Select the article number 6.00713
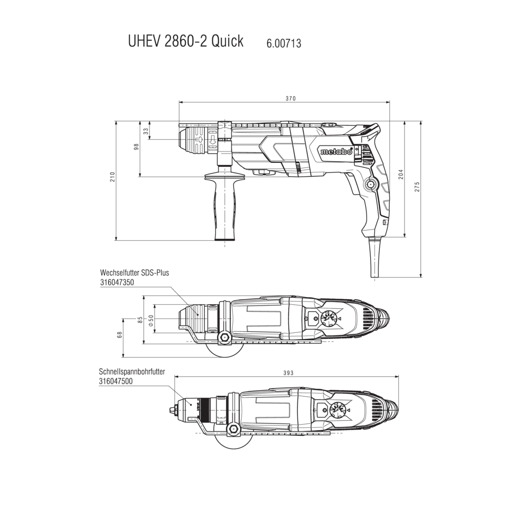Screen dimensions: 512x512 point(284,44)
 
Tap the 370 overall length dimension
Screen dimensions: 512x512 point(290,98)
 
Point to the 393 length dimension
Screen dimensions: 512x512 point(288,373)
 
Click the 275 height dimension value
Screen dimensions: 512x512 point(417,186)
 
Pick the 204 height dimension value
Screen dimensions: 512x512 point(401,174)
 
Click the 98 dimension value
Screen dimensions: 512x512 point(137,146)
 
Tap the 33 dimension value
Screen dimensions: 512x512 point(145,131)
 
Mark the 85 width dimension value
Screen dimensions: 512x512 point(140,320)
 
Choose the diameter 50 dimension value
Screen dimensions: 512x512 point(151,321)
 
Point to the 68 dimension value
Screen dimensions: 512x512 point(119,334)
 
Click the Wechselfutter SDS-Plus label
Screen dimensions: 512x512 point(135,273)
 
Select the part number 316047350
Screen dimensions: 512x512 point(117,282)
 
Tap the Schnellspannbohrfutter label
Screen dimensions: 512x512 point(132,372)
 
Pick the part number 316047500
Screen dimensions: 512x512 point(116,381)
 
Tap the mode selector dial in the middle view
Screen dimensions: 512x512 point(329,319)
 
